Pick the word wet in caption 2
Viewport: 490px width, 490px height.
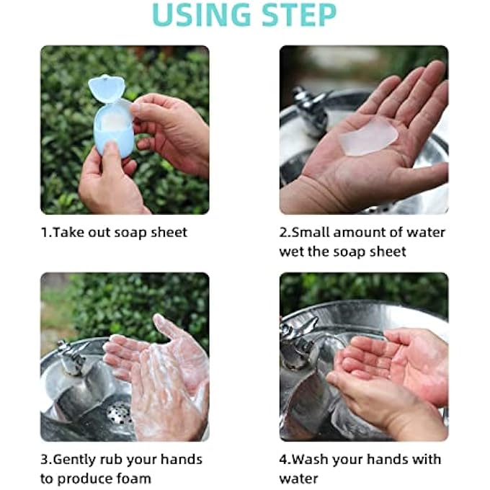pos(291,251)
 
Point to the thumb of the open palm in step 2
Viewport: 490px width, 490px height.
pos(425,173)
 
